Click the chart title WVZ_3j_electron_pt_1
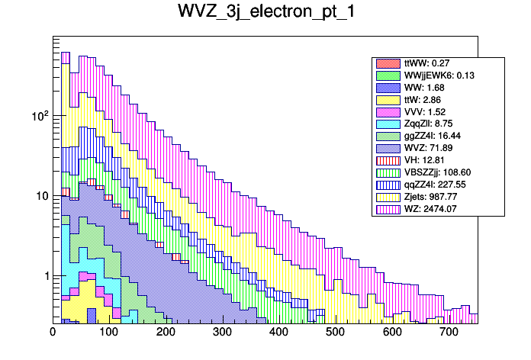[x=265, y=13]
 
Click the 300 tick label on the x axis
[x=222, y=333]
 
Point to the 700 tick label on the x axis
[x=449, y=333]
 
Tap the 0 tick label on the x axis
[x=53, y=333]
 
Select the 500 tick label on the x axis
[x=335, y=333]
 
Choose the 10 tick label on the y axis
[x=41, y=196]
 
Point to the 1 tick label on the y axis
[x=44, y=276]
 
